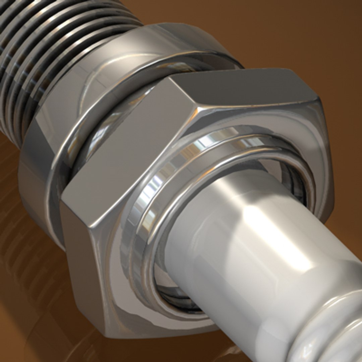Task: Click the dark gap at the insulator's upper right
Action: [295, 181]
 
